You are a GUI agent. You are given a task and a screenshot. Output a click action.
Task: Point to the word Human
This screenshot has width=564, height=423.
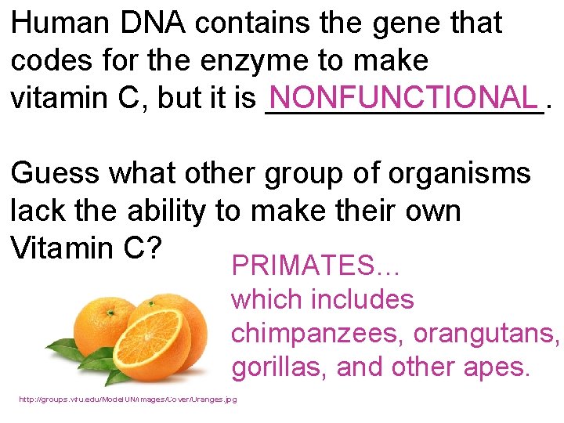tap(61, 23)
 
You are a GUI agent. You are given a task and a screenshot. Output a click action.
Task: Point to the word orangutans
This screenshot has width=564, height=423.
tap(486, 333)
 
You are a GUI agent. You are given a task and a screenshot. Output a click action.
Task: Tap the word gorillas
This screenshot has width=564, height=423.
tap(274, 367)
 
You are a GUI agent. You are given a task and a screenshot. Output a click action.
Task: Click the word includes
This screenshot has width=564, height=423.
tap(362, 299)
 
